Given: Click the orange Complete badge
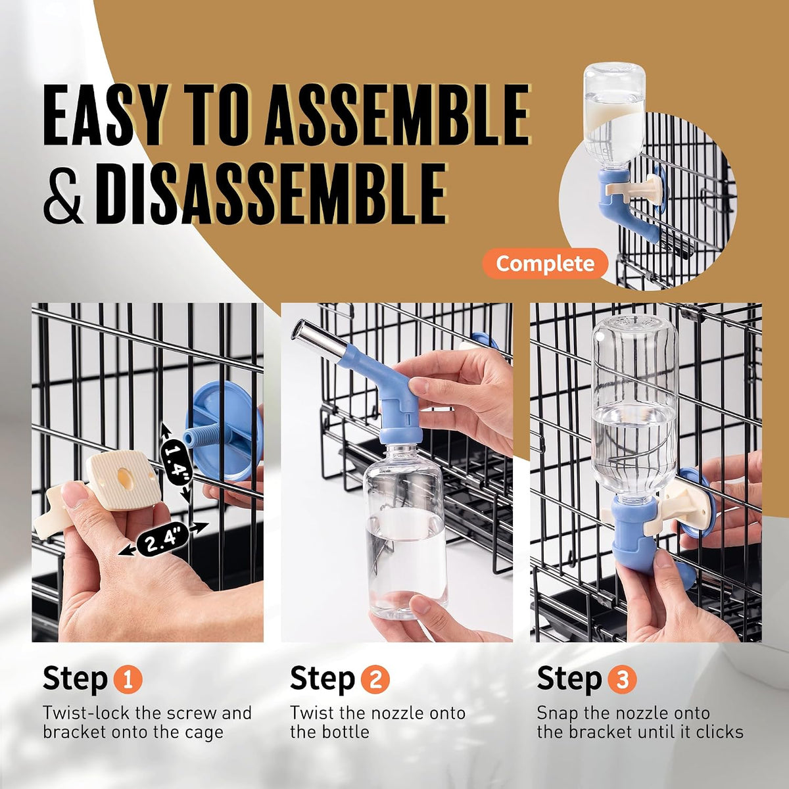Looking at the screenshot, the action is (545, 263).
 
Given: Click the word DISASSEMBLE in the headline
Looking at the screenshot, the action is (270, 193).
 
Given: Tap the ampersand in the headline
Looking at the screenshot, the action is (64, 194).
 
